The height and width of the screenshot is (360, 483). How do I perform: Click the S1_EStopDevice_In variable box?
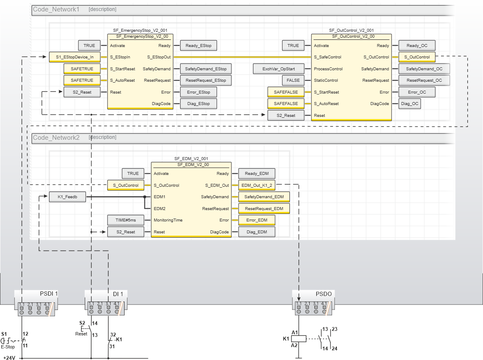[75, 57]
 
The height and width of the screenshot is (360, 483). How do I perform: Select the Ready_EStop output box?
[199, 46]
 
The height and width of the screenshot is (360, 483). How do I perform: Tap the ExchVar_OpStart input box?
[278, 69]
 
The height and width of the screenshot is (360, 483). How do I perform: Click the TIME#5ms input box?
[125, 220]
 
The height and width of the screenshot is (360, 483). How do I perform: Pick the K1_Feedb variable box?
[67, 197]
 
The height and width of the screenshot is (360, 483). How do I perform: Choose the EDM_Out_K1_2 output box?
[256, 185]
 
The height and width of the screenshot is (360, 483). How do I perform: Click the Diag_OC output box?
[410, 104]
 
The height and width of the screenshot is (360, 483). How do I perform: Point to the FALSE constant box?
[293, 80]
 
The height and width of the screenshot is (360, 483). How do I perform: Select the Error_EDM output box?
[257, 220]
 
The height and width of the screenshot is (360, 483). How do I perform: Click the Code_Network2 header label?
[56, 138]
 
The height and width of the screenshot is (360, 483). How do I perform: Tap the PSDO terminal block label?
[324, 294]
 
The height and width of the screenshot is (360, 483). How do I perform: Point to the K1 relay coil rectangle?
[300, 338]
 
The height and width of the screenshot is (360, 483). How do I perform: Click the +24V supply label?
[9, 358]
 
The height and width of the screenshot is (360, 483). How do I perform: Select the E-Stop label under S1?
[8, 347]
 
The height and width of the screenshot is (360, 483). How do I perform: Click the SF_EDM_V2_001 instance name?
[191, 158]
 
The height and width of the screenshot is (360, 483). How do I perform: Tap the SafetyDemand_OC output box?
[424, 69]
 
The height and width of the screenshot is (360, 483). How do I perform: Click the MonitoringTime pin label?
[168, 220]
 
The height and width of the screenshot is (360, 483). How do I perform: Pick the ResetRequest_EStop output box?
[205, 80]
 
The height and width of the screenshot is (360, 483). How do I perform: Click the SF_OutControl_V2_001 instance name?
[351, 30]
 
